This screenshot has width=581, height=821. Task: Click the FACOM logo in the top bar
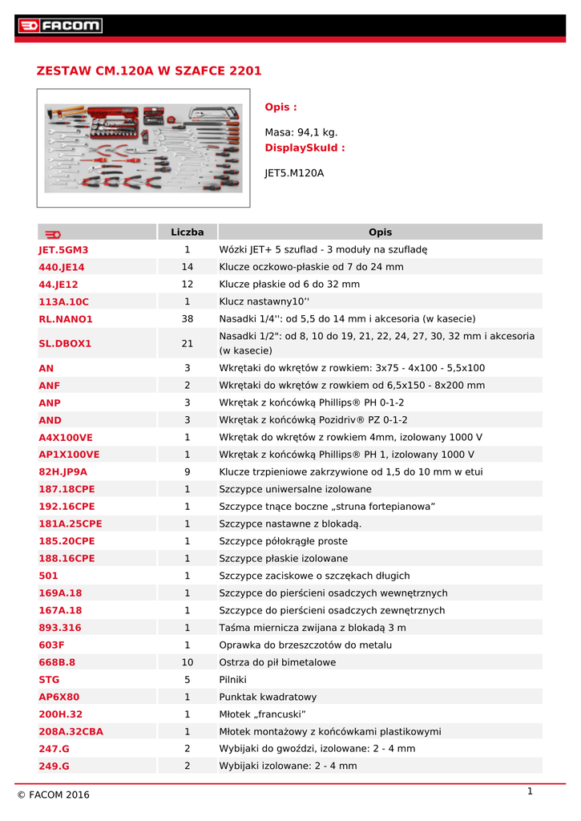(x=60, y=26)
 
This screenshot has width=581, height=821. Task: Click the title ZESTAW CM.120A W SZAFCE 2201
(x=149, y=71)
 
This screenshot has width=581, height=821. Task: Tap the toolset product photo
(x=143, y=148)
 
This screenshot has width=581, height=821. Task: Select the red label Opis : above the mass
(x=280, y=107)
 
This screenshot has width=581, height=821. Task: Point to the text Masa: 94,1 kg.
(x=301, y=132)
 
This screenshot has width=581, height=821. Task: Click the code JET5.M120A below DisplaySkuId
(x=294, y=172)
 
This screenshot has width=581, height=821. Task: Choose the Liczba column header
(x=188, y=233)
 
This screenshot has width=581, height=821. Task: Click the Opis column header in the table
(x=381, y=233)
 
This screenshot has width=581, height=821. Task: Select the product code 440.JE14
(x=62, y=267)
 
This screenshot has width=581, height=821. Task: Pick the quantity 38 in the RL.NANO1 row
(x=188, y=319)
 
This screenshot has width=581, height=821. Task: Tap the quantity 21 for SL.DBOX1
(x=188, y=343)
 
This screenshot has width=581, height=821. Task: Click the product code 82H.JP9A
(x=63, y=472)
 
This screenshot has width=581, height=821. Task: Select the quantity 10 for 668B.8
(x=188, y=662)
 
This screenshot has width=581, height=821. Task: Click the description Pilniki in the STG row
(x=234, y=680)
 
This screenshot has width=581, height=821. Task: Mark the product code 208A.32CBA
(x=71, y=731)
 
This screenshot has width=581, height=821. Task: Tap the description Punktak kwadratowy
(x=268, y=697)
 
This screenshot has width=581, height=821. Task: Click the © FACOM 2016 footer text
(x=54, y=795)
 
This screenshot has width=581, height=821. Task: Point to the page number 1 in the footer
(x=530, y=791)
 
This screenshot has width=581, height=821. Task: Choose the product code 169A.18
(x=61, y=593)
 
